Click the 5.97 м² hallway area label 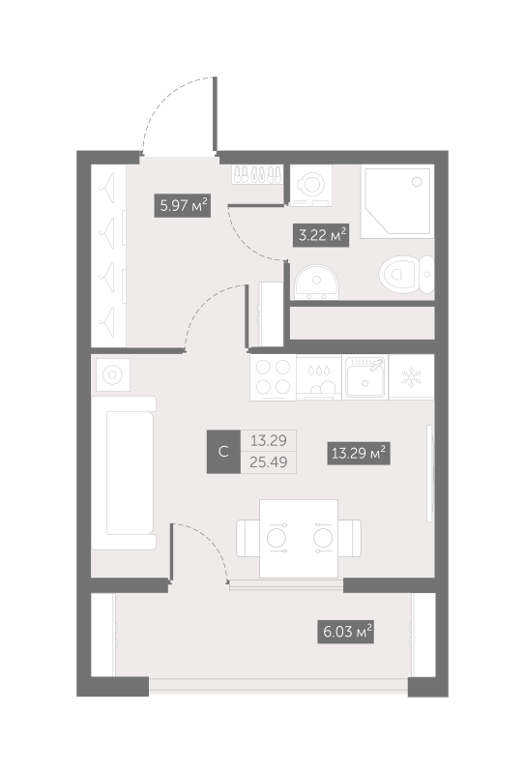click(183, 205)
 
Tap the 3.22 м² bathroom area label click(322, 235)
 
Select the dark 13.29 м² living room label click(359, 453)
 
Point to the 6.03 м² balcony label click(345, 632)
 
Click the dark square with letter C click(223, 452)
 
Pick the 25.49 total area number click(269, 462)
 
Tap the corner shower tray click(397, 201)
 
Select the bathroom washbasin click(316, 283)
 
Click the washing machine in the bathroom click(311, 186)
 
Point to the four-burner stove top click(273, 377)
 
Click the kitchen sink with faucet click(365, 377)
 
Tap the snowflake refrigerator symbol click(411, 377)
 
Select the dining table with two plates click(299, 538)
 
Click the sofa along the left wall click(124, 473)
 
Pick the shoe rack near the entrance click(257, 175)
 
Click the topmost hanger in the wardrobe click(107, 189)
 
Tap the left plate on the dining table click(277, 538)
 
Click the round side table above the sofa click(112, 375)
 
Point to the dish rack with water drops click(319, 378)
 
